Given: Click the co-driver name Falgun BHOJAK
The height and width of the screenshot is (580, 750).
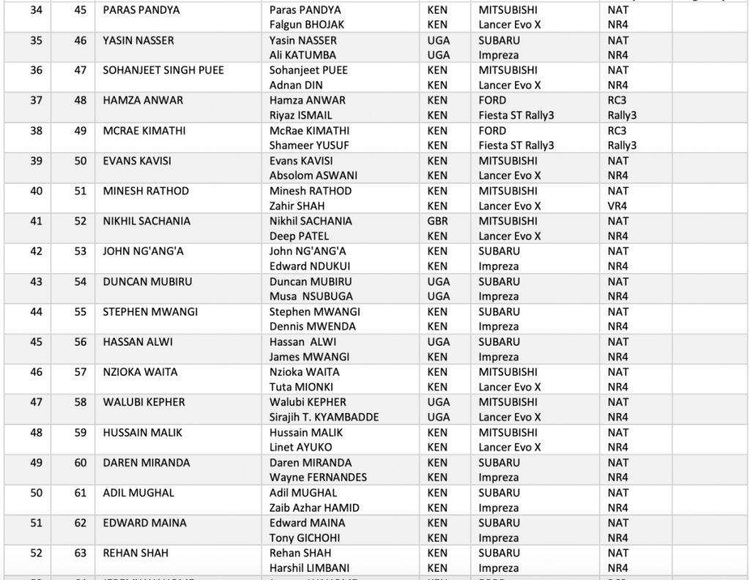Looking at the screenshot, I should (x=306, y=25).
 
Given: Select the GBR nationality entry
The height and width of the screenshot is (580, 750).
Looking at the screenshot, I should (x=438, y=221).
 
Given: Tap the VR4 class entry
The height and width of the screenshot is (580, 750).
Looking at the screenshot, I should (x=618, y=207).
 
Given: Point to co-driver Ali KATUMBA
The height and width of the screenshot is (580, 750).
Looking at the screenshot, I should (x=302, y=55).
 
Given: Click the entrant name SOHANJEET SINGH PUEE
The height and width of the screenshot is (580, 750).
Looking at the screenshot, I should (x=163, y=70).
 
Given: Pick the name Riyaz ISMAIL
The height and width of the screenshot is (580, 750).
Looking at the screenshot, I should (x=300, y=116).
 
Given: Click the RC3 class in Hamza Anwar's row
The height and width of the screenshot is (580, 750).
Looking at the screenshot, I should (x=617, y=100).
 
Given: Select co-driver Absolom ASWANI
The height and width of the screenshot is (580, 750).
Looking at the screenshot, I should (x=309, y=176).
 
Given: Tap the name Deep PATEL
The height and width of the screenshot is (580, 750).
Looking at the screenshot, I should (x=299, y=237).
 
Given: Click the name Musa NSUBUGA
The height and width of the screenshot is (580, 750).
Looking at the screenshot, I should (x=311, y=297).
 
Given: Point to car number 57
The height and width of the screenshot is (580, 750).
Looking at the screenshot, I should (x=81, y=372).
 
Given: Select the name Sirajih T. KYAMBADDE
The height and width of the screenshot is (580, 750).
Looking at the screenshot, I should (x=324, y=417).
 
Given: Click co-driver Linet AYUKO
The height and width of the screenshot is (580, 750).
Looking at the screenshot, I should (x=300, y=447).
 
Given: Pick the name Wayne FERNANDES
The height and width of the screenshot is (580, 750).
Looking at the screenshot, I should (x=318, y=477).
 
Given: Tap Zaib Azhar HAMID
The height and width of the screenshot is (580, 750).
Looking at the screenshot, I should (x=314, y=508).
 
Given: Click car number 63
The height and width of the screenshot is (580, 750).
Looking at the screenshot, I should (x=81, y=553).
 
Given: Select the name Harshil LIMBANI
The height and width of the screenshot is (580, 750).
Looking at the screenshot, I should (x=308, y=568).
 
